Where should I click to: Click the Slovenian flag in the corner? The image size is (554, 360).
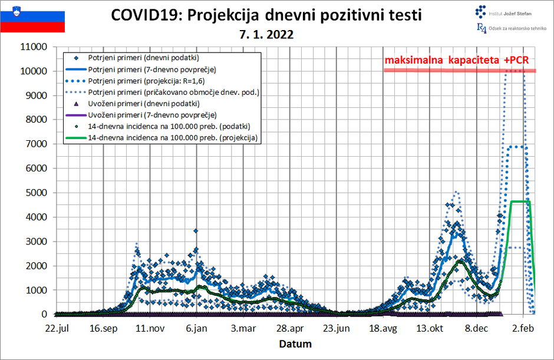32,17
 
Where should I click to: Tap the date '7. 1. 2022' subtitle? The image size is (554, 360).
266,35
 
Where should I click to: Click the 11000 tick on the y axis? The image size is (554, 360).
34,47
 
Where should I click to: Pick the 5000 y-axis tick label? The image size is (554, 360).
37,193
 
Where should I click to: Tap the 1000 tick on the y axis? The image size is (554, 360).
37,290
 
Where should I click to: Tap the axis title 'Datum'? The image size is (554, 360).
295,344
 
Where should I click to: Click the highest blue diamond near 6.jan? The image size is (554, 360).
196,231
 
